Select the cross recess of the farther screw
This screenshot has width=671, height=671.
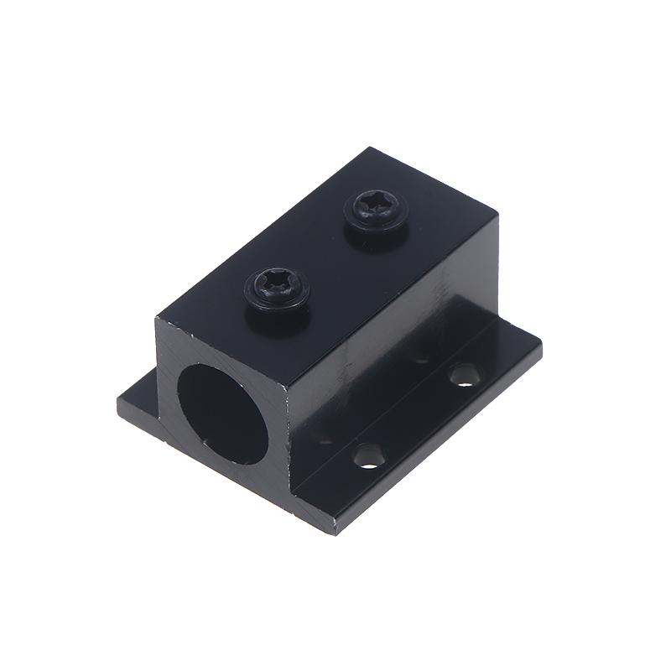coord(377,203)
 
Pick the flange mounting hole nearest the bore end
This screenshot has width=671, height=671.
coord(367,455)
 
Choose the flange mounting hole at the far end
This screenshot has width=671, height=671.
coord(462,374)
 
